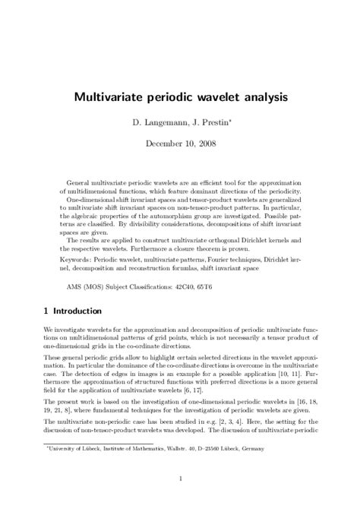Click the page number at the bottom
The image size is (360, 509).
tap(180, 479)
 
